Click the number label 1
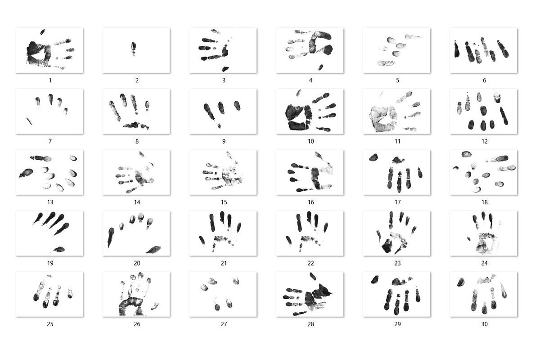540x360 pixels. click(50, 80)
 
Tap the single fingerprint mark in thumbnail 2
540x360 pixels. click(133, 49)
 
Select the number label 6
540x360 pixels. click(485, 80)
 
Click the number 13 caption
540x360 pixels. click(50, 202)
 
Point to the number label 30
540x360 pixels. click(485, 324)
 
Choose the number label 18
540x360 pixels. click(485, 202)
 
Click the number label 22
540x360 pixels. click(311, 263)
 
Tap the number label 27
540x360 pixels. click(224, 324)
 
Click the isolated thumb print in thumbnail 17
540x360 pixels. click(373, 157)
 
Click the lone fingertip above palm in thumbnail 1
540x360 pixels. click(43, 32)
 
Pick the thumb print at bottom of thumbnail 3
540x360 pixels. click(225, 69)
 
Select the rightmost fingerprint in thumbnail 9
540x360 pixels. click(238, 105)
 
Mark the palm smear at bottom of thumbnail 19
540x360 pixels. click(58, 249)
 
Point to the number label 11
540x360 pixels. click(397, 141)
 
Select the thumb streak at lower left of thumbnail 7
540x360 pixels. click(29, 121)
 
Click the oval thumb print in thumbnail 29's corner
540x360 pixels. click(375, 279)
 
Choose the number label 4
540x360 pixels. click(311, 80)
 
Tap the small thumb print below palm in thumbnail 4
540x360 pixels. click(320, 67)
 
